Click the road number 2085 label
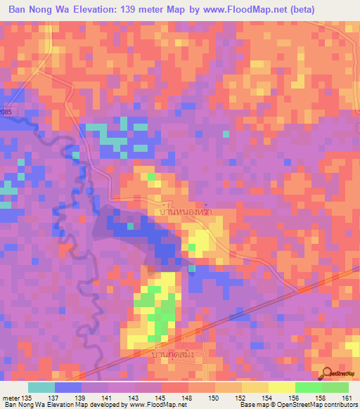6,112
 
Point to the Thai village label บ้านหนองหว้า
186,211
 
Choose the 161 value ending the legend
347,397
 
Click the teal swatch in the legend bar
41,387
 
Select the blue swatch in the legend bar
68,387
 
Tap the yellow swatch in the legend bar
281,387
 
